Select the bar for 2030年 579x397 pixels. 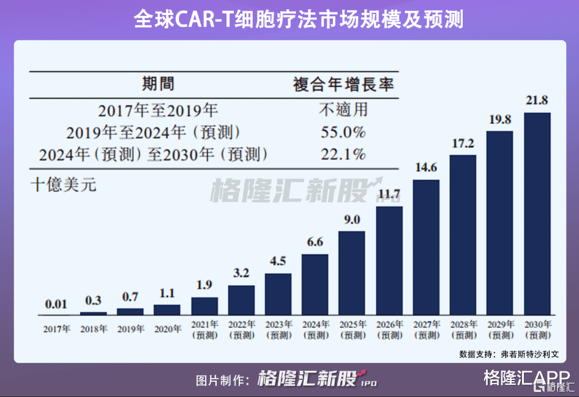(537, 214)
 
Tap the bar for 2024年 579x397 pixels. (315, 284)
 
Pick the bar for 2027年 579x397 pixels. (426, 247)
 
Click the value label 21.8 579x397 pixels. (537, 101)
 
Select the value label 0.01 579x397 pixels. (56, 304)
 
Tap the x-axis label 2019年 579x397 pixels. (130, 329)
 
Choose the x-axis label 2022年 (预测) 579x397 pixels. (241, 330)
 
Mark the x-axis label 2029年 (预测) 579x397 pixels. (500, 330)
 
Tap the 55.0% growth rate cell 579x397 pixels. (343, 132)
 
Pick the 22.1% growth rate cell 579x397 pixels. (343, 154)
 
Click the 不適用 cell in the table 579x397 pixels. (343, 111)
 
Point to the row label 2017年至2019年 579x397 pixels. (158, 111)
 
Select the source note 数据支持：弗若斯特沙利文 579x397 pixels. (509, 354)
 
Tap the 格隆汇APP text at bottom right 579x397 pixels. (526, 378)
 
